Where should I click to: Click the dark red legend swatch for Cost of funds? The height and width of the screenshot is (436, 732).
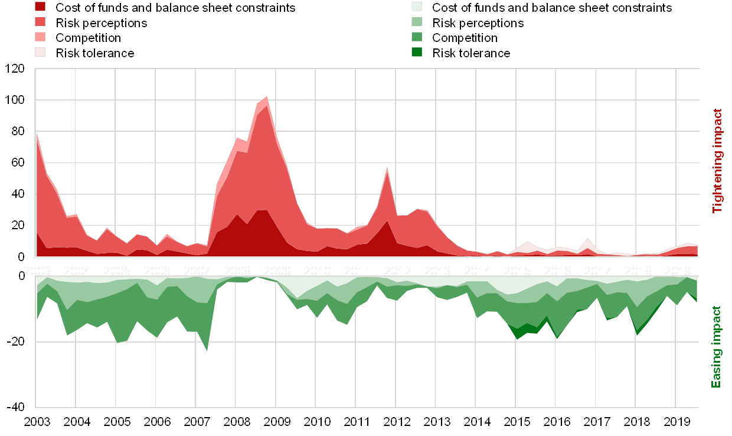tap(40, 8)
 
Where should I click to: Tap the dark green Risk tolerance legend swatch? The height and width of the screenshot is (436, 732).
tap(417, 53)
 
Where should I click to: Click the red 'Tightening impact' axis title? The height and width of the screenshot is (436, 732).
tap(718, 161)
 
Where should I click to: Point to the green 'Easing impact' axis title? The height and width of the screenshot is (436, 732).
tap(717, 347)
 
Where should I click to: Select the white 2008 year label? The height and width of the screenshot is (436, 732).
tap(237, 271)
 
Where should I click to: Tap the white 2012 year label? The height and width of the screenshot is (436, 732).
tap(397, 271)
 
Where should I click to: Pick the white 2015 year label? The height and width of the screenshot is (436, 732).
tap(517, 271)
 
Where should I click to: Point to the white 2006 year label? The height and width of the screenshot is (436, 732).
tap(156, 271)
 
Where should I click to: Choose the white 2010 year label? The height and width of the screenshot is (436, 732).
tap(317, 271)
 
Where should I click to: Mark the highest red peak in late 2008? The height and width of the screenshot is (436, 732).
tap(267, 96)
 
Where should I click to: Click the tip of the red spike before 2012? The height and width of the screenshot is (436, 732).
tap(387, 167)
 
